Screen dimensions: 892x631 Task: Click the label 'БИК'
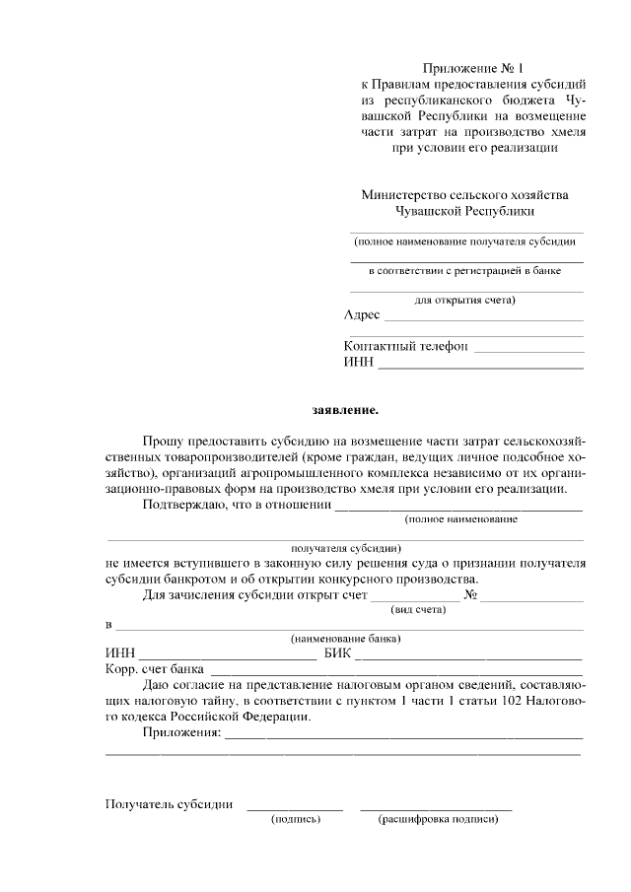[336, 653]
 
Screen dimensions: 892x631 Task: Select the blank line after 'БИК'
[468, 658]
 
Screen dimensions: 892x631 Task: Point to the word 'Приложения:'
[180, 733]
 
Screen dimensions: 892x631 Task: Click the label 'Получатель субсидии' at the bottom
[169, 804]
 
